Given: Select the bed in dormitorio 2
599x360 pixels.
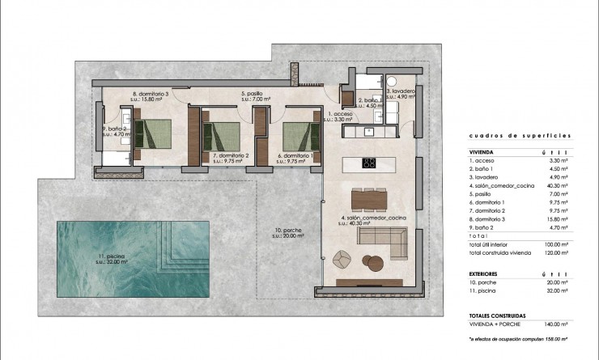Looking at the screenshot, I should [223, 133].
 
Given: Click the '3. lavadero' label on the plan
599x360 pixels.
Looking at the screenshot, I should [400, 91].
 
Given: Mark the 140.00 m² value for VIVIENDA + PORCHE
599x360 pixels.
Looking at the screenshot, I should [552, 324].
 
